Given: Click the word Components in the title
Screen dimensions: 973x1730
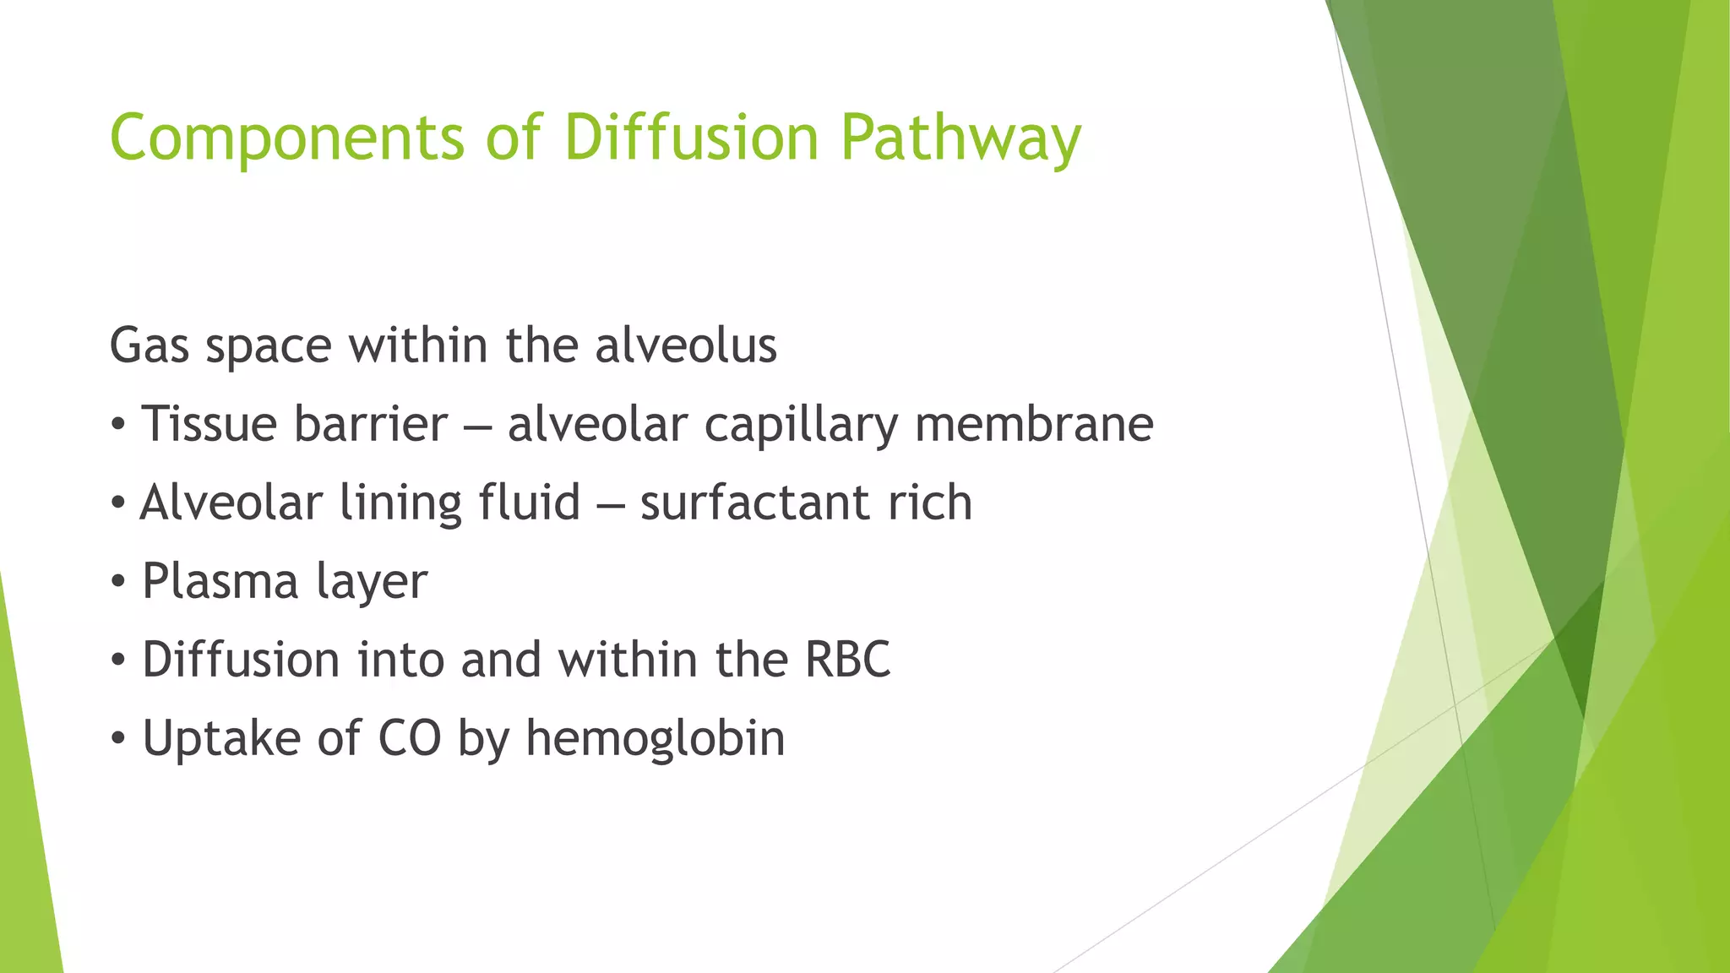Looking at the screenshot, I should click(x=286, y=139).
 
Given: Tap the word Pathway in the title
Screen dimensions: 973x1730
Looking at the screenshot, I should click(x=960, y=139).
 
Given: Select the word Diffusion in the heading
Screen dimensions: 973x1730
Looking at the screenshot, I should click(x=691, y=137).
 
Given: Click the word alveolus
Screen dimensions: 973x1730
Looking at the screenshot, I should click(x=685, y=345).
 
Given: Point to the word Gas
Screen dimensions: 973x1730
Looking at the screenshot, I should click(x=150, y=345).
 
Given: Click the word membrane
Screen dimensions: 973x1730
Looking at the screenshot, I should click(x=1034, y=424).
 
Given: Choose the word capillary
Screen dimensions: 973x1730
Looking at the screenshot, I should click(x=801, y=426).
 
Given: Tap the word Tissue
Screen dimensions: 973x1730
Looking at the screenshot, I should click(x=210, y=424).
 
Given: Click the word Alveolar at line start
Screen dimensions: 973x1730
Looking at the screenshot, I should click(x=231, y=503).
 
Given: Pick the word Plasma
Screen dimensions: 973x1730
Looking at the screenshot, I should click(x=220, y=581).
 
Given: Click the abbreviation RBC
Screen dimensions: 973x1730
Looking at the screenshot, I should click(x=847, y=660).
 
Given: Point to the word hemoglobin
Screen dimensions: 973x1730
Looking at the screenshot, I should click(x=655, y=738).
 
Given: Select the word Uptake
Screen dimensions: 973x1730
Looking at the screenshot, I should click(x=221, y=738).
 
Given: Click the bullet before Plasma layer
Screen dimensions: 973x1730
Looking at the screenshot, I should click(x=118, y=582).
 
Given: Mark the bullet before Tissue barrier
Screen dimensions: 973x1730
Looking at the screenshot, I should click(x=118, y=425).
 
